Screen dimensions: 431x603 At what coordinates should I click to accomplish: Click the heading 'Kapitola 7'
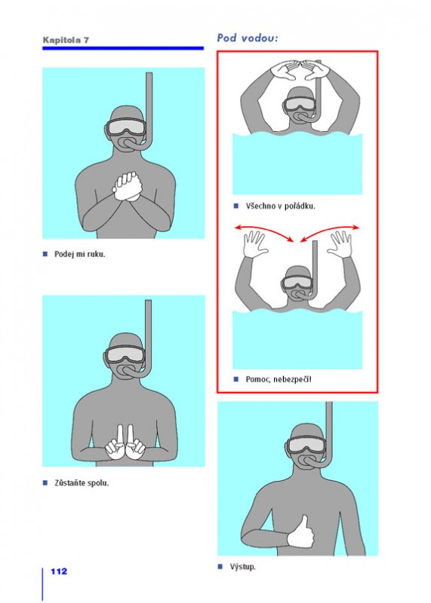[x=66, y=40]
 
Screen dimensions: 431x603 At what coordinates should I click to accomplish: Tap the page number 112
[x=59, y=571]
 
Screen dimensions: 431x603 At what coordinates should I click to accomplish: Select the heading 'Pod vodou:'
[x=248, y=38]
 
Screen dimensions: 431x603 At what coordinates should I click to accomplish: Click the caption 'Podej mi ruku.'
[x=80, y=254]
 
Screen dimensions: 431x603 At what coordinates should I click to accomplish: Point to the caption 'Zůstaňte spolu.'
[x=82, y=483]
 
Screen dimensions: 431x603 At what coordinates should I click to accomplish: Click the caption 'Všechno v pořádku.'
[x=280, y=206]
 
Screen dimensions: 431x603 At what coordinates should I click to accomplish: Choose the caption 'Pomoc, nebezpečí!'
[x=279, y=380]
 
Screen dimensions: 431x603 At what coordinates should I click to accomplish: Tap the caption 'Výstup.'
[x=242, y=567]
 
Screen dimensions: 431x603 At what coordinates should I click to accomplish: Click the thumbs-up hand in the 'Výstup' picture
[x=301, y=532]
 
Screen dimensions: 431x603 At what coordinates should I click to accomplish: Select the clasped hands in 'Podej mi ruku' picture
[x=127, y=186]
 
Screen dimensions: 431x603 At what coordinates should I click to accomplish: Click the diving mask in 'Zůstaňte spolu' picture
[x=125, y=355]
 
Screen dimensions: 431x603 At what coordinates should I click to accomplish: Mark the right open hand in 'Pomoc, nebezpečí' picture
[x=340, y=244]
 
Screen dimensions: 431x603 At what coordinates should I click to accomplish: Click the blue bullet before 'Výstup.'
[x=220, y=567]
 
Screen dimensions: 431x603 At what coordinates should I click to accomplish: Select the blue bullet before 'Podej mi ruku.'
[x=45, y=254]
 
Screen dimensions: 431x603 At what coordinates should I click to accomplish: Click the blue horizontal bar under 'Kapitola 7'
[x=123, y=48]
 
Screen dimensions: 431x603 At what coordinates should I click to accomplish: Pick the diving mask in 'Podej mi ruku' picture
[x=125, y=127]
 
